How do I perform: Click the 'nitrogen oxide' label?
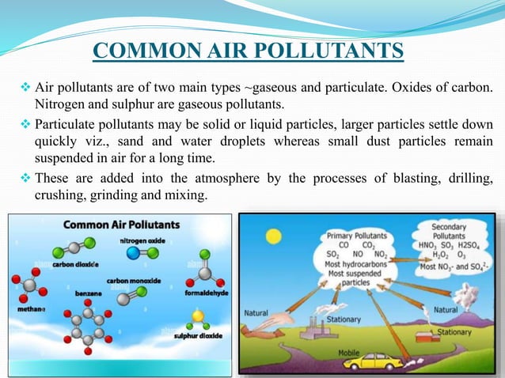(143, 240)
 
